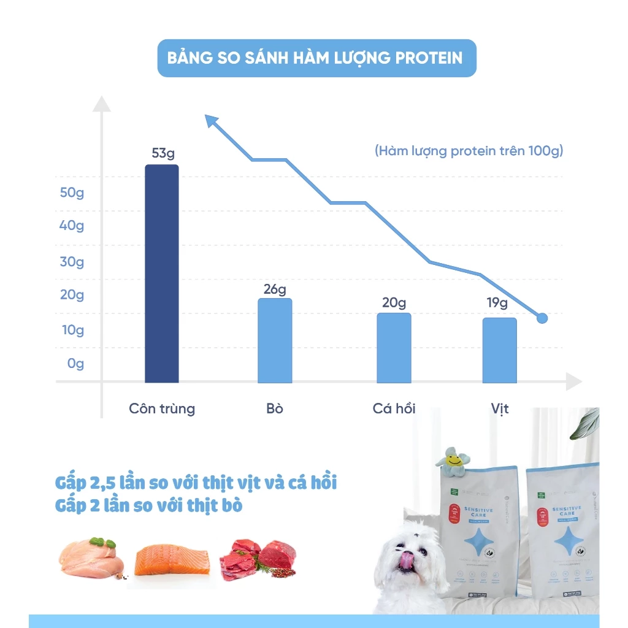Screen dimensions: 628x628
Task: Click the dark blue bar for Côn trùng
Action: [161, 274]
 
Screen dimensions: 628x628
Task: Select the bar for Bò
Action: [275, 340]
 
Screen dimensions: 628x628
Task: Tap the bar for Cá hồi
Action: [394, 348]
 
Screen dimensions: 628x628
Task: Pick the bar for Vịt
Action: [499, 350]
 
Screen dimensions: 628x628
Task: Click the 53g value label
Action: [163, 153]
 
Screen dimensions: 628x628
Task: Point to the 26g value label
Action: [275, 289]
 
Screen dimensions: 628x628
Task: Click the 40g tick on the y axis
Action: [72, 226]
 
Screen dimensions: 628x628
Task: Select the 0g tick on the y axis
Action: [75, 364]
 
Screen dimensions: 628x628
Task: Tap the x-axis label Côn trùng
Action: [162, 408]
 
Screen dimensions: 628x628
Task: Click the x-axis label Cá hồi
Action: [394, 408]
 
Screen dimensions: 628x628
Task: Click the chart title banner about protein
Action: [316, 58]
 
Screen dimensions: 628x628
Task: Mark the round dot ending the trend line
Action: [542, 318]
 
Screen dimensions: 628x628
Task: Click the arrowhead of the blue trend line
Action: [212, 121]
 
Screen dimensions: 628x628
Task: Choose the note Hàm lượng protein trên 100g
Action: [469, 151]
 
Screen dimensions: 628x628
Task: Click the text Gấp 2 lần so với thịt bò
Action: [148, 506]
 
